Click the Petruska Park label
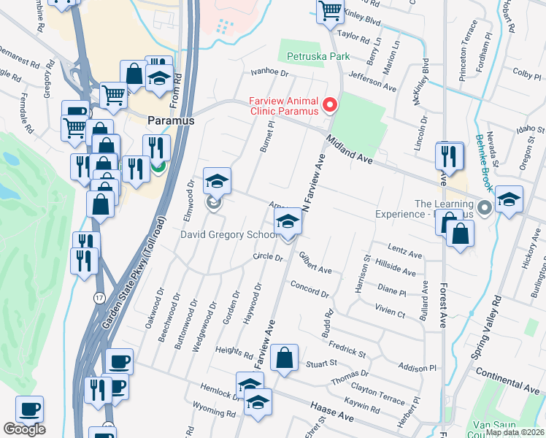(318, 56)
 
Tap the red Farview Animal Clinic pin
(330, 107)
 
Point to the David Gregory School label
(229, 235)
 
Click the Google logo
(24, 429)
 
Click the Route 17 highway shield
(99, 298)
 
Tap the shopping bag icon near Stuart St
(284, 359)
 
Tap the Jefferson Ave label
(372, 80)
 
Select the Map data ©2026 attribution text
(513, 432)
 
